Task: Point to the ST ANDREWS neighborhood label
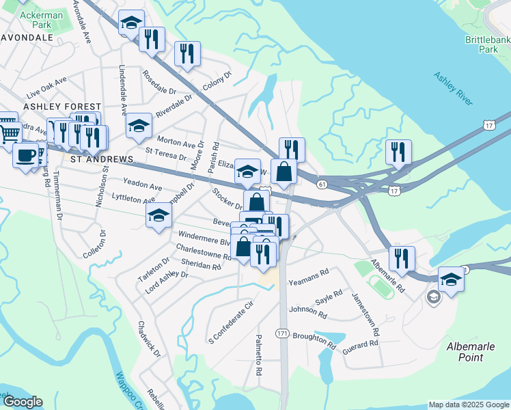pos(102,159)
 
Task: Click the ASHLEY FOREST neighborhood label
pos(57,107)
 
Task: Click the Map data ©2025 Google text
pos(468,405)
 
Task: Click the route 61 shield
pos(322,184)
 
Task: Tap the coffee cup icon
pos(26,154)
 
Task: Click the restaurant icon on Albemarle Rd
pos(402,258)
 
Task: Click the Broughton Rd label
pos(314,340)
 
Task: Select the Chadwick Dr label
pos(148,340)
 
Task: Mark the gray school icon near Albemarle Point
pos(433,297)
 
